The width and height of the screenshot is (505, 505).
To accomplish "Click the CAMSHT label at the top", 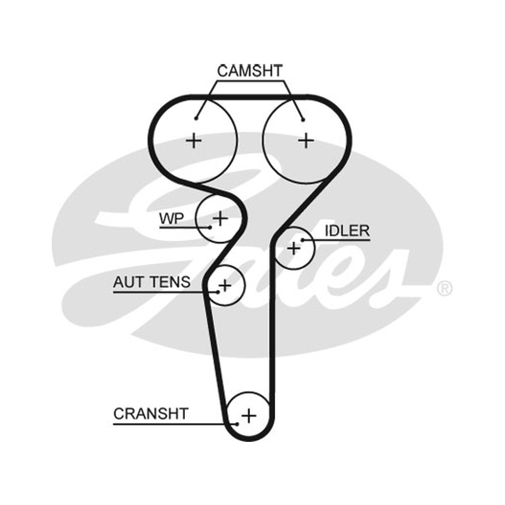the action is [x=250, y=71].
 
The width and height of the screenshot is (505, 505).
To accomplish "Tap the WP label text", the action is [x=171, y=218].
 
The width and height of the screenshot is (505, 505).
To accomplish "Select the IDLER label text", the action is [x=347, y=230].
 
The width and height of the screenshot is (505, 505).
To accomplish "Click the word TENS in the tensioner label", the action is [x=170, y=282].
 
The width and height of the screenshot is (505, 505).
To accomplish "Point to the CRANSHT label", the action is [x=151, y=413].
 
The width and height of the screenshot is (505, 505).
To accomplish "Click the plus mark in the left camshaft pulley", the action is [x=194, y=141].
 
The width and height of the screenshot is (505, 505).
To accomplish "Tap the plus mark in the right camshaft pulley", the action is [x=306, y=141].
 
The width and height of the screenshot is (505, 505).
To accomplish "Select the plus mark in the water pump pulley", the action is [x=220, y=218].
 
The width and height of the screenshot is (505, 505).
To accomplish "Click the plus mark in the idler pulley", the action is [x=294, y=248].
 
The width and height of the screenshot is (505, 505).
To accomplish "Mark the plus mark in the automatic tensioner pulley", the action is [x=225, y=286].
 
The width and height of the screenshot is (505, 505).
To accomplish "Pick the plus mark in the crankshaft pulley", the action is [x=249, y=415].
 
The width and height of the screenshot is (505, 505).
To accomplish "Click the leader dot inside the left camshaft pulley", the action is [x=196, y=119].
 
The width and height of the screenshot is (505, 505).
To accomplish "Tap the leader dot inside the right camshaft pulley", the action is [x=303, y=120].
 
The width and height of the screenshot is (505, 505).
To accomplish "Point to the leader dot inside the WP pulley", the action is [x=210, y=227].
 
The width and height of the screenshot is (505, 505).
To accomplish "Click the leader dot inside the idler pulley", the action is [x=302, y=240].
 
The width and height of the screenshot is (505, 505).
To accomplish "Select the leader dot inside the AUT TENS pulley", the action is [x=218, y=292].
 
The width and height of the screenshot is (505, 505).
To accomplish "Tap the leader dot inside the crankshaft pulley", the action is [x=237, y=424].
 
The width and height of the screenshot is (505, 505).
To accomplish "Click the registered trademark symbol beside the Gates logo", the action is [x=445, y=288].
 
